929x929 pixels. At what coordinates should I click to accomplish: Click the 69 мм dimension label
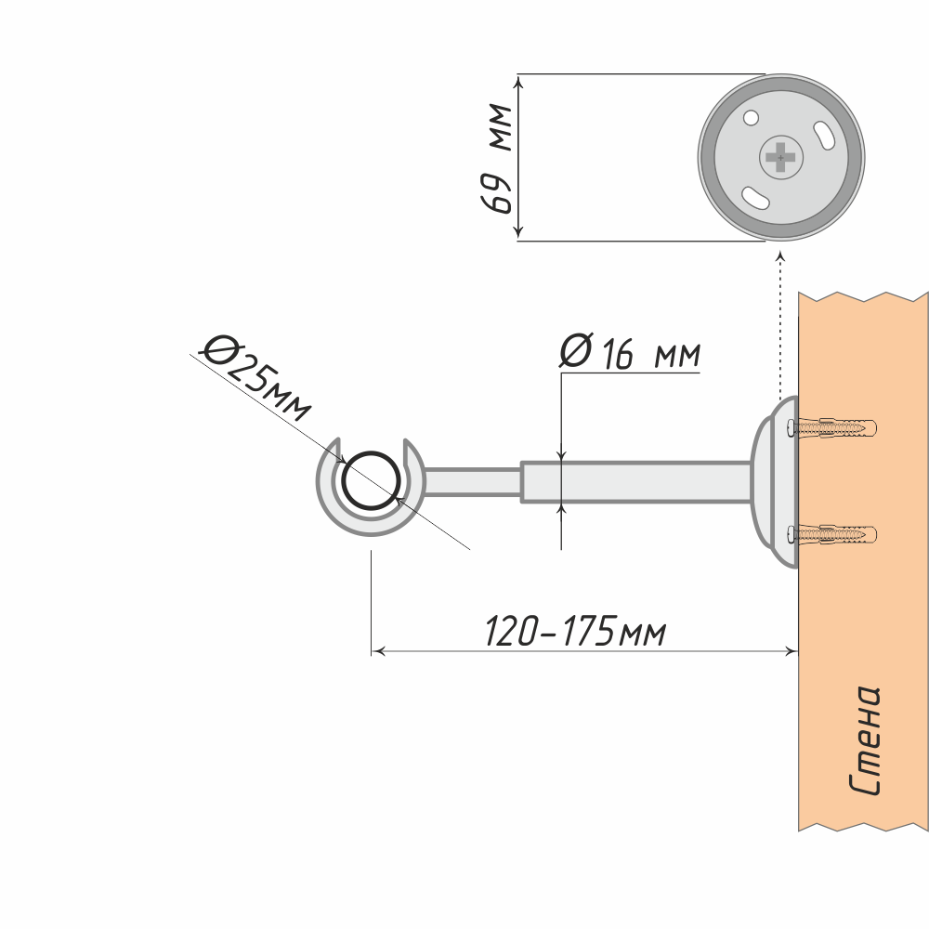click(x=496, y=158)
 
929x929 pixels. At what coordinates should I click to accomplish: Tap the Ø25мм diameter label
click(x=256, y=377)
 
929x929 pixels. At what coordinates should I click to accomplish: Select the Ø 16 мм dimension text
click(x=630, y=352)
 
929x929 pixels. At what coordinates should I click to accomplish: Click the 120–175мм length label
click(x=576, y=631)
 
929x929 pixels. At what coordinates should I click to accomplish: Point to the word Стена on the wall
click(x=864, y=740)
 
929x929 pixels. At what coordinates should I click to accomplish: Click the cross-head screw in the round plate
click(x=781, y=158)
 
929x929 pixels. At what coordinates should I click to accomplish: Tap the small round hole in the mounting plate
click(x=751, y=118)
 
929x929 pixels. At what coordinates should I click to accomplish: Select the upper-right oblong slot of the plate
click(x=824, y=135)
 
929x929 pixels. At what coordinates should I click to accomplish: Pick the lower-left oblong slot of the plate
click(x=755, y=197)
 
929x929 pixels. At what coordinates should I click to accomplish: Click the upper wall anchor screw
click(x=831, y=427)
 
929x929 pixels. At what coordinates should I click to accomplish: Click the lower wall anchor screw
click(x=831, y=534)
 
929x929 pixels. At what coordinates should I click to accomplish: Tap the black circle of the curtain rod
click(x=372, y=480)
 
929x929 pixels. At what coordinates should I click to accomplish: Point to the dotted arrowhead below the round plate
click(x=780, y=255)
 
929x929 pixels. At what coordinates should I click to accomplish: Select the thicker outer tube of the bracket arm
click(x=636, y=481)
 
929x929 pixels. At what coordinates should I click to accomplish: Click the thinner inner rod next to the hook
click(x=472, y=481)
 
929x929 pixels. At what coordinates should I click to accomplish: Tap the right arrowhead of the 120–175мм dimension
click(x=792, y=651)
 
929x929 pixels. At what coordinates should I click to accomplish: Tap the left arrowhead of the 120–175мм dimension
click(x=378, y=651)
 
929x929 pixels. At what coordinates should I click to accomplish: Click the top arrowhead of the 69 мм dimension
click(x=519, y=82)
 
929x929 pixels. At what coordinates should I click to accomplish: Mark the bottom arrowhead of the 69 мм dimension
click(x=519, y=233)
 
